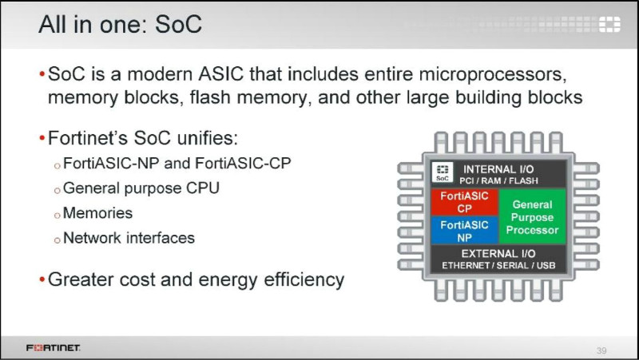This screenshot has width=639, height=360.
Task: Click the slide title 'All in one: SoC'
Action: pyautogui.click(x=121, y=24)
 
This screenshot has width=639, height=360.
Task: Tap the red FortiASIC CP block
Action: pyautogui.click(x=465, y=202)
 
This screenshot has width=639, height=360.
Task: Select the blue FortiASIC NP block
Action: pyautogui.click(x=465, y=231)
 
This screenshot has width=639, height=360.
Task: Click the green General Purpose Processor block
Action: pyautogui.click(x=532, y=217)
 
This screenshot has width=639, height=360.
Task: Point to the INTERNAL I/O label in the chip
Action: pyautogui.click(x=498, y=169)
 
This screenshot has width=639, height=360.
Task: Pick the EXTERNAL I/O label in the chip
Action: pyautogui.click(x=498, y=254)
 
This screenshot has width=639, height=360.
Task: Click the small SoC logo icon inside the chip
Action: pyautogui.click(x=443, y=172)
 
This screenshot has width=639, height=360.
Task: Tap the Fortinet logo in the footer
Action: pyautogui.click(x=53, y=347)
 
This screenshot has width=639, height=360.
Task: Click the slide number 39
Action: pyautogui.click(x=601, y=350)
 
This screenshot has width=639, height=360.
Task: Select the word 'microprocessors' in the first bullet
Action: pyautogui.click(x=493, y=74)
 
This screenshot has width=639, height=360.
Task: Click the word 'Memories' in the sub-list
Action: pyautogui.click(x=97, y=213)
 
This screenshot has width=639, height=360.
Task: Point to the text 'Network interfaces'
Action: pyautogui.click(x=129, y=238)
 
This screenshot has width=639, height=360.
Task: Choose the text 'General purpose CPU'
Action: pyautogui.click(x=141, y=188)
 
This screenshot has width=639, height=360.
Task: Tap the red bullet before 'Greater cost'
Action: pyautogui.click(x=42, y=279)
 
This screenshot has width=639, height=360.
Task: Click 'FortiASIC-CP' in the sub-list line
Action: pyautogui.click(x=244, y=164)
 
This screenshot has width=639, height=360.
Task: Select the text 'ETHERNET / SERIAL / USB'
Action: pyautogui.click(x=498, y=266)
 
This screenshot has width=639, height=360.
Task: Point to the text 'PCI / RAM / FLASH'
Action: pyautogui.click(x=498, y=181)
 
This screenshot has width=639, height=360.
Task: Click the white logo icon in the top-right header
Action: pyautogui.click(x=609, y=25)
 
